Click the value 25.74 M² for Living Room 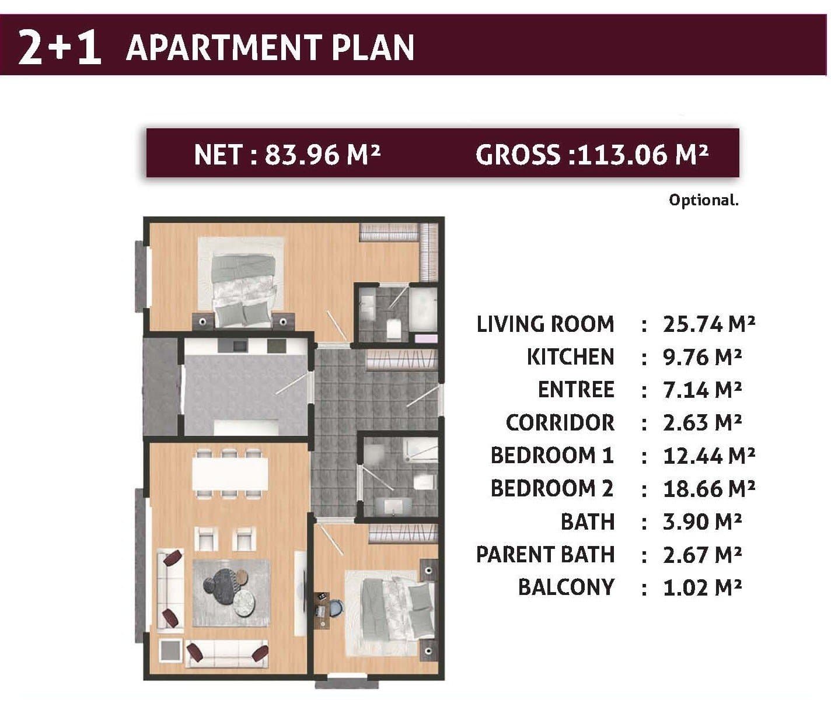tap(708, 324)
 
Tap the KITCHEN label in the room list tap(571, 357)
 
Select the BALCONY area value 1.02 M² tap(702, 587)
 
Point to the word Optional tap(704, 200)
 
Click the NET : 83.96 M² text tap(287, 155)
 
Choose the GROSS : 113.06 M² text tap(591, 155)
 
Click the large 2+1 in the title tap(60, 47)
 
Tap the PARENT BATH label tap(545, 555)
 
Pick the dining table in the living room tap(230, 473)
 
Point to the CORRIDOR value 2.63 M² tap(702, 423)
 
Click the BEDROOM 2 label tap(552, 489)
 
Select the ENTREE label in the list tap(576, 389)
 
